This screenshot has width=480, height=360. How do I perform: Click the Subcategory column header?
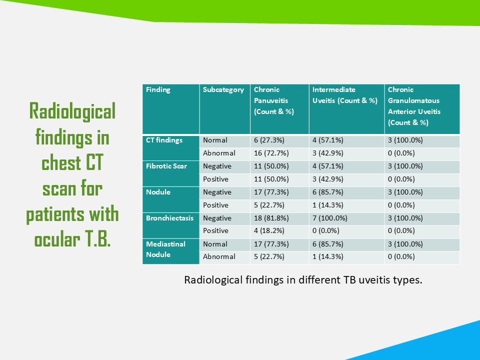click(223, 89)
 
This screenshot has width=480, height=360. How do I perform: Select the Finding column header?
click(158, 89)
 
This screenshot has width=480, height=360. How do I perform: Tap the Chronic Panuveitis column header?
click(273, 100)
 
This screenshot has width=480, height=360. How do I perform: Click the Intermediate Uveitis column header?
click(344, 95)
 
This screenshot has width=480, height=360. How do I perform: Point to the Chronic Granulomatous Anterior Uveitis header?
click(414, 106)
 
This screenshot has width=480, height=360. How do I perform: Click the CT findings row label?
click(164, 140)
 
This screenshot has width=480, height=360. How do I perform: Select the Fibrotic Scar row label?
click(166, 166)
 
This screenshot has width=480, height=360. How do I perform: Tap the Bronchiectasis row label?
click(169, 218)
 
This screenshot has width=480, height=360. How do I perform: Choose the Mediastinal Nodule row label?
click(165, 249)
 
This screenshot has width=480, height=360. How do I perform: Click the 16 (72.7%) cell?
click(271, 153)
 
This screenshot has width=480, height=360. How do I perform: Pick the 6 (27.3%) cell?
click(269, 140)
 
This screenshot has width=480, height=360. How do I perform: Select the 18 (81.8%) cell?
click(271, 218)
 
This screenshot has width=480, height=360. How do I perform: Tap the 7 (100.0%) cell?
click(329, 218)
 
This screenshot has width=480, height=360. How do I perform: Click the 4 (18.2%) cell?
click(269, 231)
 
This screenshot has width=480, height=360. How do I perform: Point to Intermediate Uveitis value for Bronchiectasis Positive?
click(325, 231)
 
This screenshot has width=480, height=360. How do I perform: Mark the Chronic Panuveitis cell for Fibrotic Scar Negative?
click(271, 166)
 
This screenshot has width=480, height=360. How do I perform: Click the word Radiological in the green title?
click(72, 111)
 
